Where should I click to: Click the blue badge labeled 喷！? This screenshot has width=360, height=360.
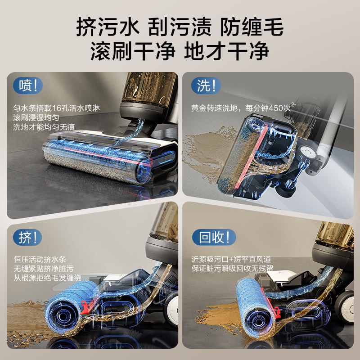[28, 86]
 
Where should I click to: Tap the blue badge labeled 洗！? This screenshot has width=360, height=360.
[206, 86]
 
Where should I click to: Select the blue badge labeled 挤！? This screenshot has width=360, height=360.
[28, 238]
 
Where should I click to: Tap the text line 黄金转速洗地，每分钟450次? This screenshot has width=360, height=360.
[242, 108]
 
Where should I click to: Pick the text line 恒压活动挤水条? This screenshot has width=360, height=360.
[40, 260]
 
